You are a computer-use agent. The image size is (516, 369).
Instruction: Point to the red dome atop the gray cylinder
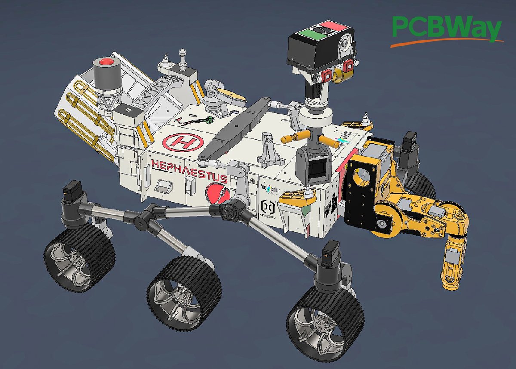[x=104, y=63]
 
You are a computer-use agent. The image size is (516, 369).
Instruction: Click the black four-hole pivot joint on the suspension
[x=227, y=210]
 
